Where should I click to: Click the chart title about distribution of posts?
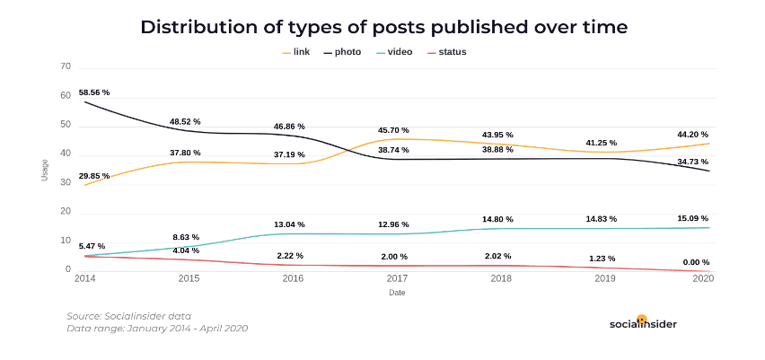(383, 27)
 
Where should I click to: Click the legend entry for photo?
(342, 52)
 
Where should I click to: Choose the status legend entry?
(446, 52)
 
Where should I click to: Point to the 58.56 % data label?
(94, 92)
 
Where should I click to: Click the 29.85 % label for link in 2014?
(94, 176)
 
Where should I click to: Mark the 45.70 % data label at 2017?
(392, 130)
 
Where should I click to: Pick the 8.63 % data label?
(186, 237)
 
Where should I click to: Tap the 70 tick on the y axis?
(65, 66)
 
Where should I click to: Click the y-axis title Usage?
(44, 170)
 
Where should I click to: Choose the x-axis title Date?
(397, 293)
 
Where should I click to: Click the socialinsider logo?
(643, 323)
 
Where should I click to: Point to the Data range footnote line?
(157, 329)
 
